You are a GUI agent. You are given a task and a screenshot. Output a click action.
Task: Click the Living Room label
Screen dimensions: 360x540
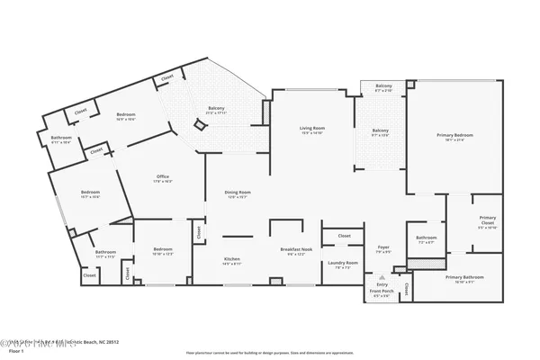[312, 130]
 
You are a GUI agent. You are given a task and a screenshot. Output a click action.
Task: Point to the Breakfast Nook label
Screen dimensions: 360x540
[295, 253]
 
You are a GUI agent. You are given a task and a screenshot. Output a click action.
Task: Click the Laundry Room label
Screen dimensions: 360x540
[346, 264]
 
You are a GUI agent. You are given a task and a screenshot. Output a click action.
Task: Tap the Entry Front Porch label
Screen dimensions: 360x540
[382, 291]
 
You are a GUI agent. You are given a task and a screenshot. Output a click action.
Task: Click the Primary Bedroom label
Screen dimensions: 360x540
[454, 136]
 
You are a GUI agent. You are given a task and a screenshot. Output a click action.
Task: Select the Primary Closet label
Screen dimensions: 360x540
[487, 219]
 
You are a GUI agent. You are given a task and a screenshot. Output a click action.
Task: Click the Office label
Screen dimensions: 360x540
[163, 177]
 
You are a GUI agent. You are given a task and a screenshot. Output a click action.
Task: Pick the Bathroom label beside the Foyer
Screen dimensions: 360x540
[427, 238]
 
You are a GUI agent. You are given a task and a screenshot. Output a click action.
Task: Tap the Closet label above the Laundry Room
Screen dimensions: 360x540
[344, 236]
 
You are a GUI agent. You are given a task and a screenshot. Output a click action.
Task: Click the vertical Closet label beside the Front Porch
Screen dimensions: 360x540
[406, 289]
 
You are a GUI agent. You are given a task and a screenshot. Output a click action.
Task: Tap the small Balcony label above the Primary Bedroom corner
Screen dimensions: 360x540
[382, 87]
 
